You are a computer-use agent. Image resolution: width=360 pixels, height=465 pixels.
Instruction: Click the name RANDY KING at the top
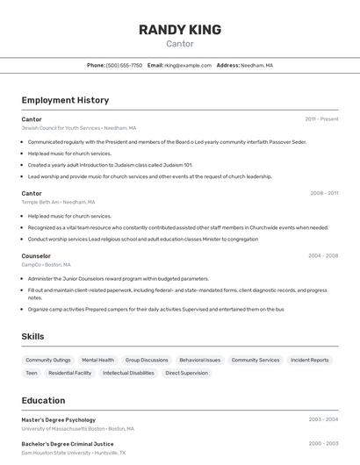[x=179, y=30]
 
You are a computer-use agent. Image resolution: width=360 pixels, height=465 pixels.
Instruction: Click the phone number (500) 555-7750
[x=124, y=66]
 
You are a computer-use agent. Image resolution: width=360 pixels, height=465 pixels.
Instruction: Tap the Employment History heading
[x=65, y=101]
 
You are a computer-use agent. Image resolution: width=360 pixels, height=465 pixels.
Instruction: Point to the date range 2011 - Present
[x=321, y=119]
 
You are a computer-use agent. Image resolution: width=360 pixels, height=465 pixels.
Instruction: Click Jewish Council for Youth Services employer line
[x=78, y=128]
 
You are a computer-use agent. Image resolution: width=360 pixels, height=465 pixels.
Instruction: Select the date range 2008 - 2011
[x=324, y=193]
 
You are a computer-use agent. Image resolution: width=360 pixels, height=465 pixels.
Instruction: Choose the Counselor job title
[x=36, y=256]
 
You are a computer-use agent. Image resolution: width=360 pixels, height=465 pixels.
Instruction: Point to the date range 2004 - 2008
[x=323, y=256]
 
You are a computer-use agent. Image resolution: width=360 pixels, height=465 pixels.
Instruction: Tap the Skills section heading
[x=32, y=337]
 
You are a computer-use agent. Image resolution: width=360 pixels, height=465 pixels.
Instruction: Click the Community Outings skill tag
[x=48, y=360]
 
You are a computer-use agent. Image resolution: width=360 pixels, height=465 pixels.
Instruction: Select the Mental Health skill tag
[x=97, y=360]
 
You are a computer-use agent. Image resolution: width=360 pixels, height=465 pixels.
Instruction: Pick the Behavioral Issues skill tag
[x=200, y=360]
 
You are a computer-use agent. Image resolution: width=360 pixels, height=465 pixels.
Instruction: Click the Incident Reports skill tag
[x=310, y=360]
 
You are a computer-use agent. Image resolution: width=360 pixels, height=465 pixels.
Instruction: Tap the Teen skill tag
[x=32, y=373]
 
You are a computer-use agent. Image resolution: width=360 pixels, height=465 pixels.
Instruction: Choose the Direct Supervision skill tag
[x=187, y=373]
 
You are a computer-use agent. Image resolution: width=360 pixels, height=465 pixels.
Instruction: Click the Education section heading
[x=43, y=401]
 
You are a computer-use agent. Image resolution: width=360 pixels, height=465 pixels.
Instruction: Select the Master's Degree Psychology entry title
[x=59, y=420]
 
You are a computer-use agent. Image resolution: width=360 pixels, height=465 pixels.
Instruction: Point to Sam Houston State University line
[x=73, y=454]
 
